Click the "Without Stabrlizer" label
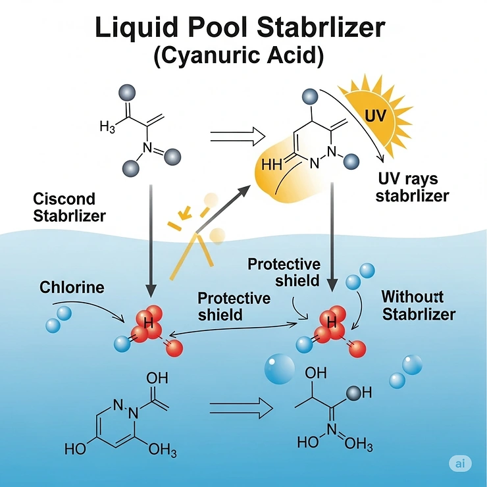tap(418, 305)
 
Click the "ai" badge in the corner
tap(459, 464)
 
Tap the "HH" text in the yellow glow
tap(271, 165)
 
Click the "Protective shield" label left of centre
tap(234, 306)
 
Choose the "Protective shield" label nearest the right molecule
tap(284, 272)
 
